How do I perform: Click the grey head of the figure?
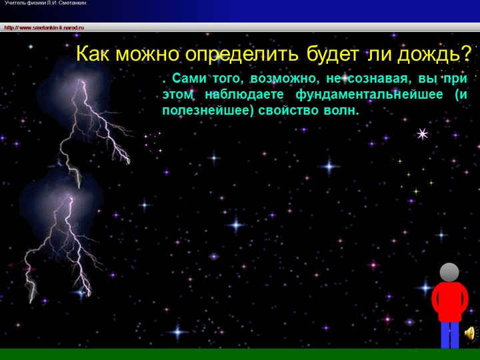pyautogui.click(x=449, y=272)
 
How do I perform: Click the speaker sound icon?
pyautogui.click(x=469, y=333)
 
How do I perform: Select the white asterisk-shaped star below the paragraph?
pyautogui.click(x=422, y=134)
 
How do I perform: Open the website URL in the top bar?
pyautogui.click(x=44, y=27)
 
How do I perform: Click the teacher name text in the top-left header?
pyautogui.click(x=45, y=3)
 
